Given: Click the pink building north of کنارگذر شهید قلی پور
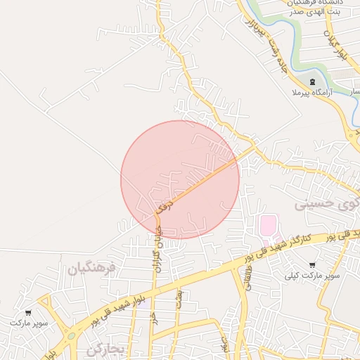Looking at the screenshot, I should pos(269,226).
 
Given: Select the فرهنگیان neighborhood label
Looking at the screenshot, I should pos(91,269).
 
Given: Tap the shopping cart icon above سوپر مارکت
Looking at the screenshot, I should pos(29,312).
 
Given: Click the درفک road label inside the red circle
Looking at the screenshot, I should pos(163,207).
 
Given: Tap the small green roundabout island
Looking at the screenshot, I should pos(71,336).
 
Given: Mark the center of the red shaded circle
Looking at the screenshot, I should pos(180,179).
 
